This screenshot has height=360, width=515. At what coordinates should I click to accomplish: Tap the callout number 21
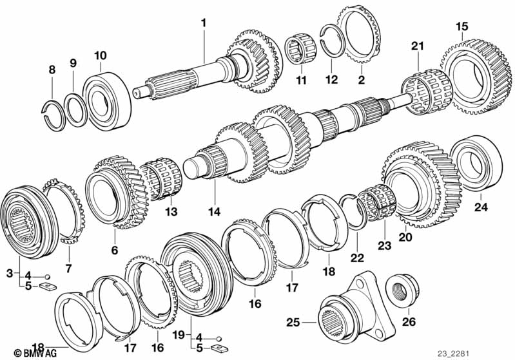418,46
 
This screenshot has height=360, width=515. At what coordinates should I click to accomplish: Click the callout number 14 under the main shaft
213,212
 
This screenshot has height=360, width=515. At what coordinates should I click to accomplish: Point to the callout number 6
114,250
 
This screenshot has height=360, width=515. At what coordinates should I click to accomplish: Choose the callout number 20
405,236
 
